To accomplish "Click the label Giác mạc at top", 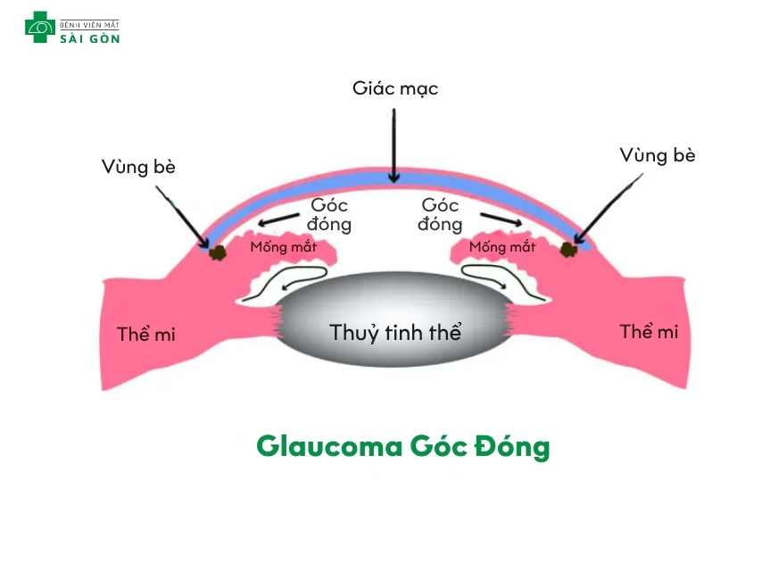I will (395, 89).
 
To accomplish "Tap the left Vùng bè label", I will (138, 167).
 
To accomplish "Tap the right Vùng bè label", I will (658, 155).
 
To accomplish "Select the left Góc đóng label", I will (329, 215).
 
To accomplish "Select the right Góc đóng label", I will (440, 215).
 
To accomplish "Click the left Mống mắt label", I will (283, 247).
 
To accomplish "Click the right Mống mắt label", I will (502, 247).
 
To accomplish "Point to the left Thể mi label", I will (146, 335).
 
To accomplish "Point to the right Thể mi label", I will (649, 332).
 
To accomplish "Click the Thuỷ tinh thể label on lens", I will (395, 334).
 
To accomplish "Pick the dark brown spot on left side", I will (217, 252).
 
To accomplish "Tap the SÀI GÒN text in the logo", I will (89, 37).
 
